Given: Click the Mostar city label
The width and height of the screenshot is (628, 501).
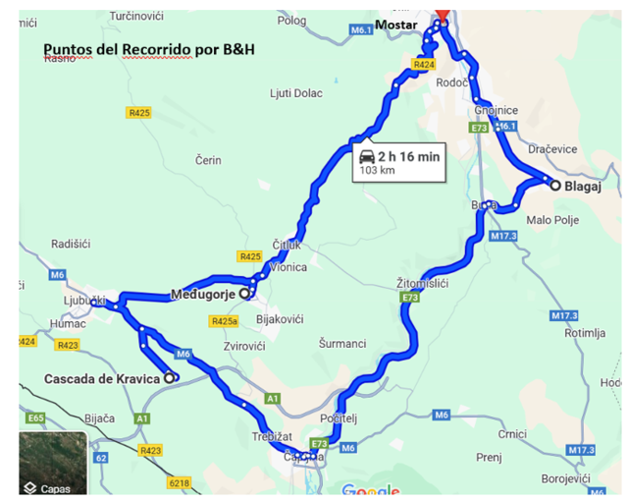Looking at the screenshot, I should tap(395, 24).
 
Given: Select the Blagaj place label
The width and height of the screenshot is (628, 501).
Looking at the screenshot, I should tap(583, 185).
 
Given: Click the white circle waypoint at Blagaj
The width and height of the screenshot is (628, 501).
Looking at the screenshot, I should tap(554, 185).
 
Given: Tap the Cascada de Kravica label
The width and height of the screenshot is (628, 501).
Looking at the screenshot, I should tap(102, 378).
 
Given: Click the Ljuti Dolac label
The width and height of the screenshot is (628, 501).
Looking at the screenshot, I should tap(294, 93).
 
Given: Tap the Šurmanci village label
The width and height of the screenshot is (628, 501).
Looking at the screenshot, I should tap(342, 343).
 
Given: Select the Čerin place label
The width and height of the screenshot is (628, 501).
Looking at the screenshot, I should tap(208, 160).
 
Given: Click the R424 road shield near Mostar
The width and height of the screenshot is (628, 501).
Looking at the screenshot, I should tap(423, 64).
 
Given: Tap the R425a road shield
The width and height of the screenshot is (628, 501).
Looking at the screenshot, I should tap(225, 321).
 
